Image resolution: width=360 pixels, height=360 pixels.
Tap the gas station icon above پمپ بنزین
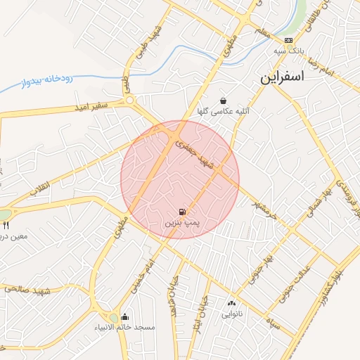(x=182, y=212)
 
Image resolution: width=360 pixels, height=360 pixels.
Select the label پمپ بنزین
(x=182, y=222)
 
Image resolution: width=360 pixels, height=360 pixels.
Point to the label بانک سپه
(x=289, y=51)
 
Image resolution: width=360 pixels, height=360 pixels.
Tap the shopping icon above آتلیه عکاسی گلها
(x=223, y=101)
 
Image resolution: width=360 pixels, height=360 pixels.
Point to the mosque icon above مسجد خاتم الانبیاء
(x=125, y=316)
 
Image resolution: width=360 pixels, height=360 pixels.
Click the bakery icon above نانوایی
(x=231, y=303)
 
